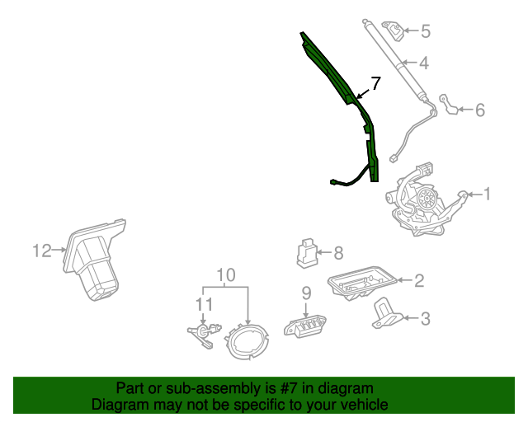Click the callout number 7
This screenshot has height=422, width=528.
pos(375,83)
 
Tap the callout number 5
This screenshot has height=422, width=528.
pos(425,32)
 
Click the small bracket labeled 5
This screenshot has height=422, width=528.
pos(397,32)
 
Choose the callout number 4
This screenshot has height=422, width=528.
pos(423,63)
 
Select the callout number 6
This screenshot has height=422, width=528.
pos(479,109)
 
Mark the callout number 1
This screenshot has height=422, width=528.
pos(487,194)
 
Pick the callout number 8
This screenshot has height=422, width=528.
pos(337,253)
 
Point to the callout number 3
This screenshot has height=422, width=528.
pos(425,318)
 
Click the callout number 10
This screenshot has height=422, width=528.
pos(226,274)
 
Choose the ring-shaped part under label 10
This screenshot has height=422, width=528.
pos(247,340)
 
